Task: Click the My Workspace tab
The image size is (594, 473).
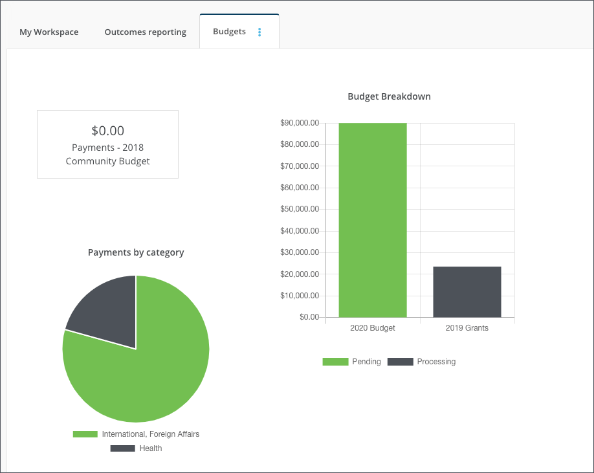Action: point(49,32)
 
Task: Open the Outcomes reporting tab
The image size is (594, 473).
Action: point(145,32)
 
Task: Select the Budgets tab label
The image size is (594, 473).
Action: point(229,31)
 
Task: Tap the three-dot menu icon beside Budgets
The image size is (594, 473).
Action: point(259,32)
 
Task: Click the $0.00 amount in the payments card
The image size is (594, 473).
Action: point(107,130)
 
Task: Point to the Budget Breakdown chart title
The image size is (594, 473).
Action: point(389,96)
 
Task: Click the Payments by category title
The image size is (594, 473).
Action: point(136,252)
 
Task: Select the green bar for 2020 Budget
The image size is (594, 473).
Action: point(373,220)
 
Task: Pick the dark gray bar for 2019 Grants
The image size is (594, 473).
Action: point(467,292)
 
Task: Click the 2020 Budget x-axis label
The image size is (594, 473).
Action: point(373,328)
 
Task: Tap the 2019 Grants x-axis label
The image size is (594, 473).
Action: point(467,328)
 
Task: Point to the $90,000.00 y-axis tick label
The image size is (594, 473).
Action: point(300,123)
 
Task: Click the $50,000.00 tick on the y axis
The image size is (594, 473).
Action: point(300,210)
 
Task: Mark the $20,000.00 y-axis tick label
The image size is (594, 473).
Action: point(300,274)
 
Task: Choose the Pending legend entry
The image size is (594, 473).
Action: point(353,362)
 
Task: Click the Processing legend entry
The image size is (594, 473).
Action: point(423,362)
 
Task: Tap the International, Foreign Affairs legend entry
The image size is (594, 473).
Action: point(137,434)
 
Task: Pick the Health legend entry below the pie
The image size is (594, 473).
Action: point(137,448)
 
